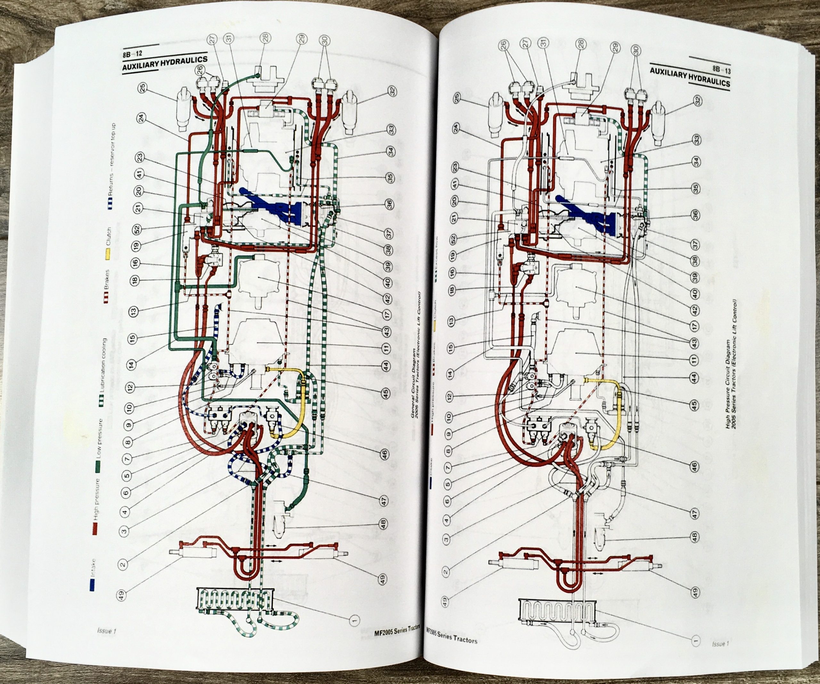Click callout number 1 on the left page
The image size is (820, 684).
355,620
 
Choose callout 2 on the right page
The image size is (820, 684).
446,572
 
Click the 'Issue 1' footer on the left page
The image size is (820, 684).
106,631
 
